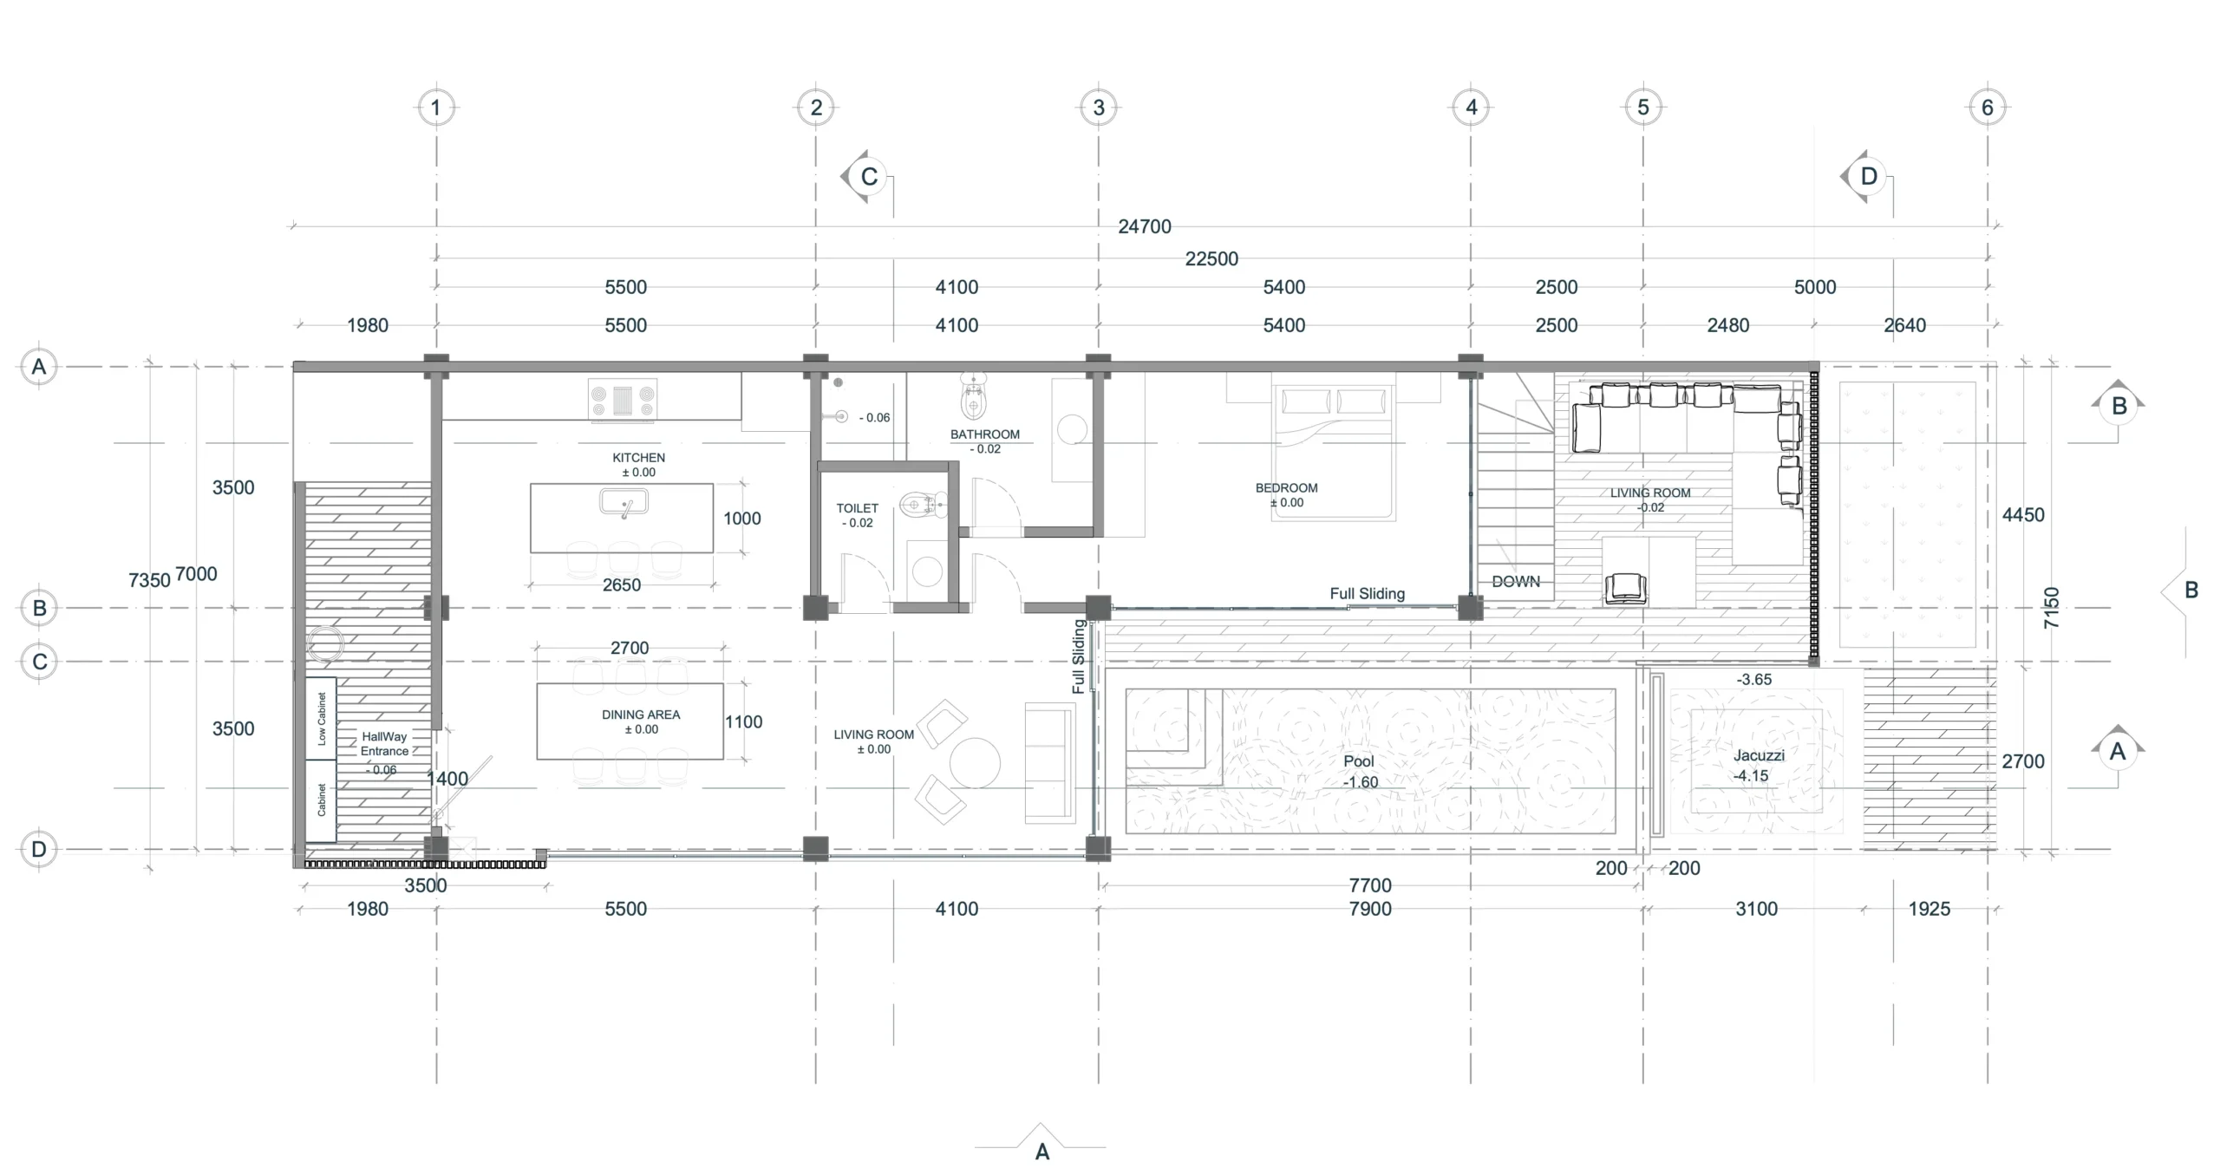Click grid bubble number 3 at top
(x=1099, y=108)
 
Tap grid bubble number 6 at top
(x=1988, y=108)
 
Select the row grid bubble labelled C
(x=39, y=663)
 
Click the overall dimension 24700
(x=1145, y=226)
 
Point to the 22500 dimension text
(x=1211, y=258)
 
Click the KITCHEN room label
(x=638, y=458)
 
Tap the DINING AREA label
(x=641, y=715)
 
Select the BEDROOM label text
(x=1286, y=488)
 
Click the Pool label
(x=1359, y=761)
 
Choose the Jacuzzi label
(x=1759, y=755)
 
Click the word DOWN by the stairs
(x=1516, y=582)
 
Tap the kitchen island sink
(x=624, y=503)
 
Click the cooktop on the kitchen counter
(x=622, y=400)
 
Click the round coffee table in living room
(x=975, y=763)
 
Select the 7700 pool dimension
(x=1370, y=885)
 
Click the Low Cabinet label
(x=322, y=719)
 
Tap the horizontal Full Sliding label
(x=1368, y=594)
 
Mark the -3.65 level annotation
(x=1754, y=680)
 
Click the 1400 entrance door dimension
(x=447, y=779)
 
